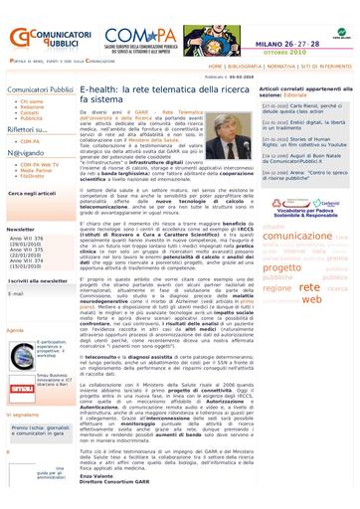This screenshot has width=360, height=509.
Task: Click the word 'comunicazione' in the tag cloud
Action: tap(305, 236)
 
